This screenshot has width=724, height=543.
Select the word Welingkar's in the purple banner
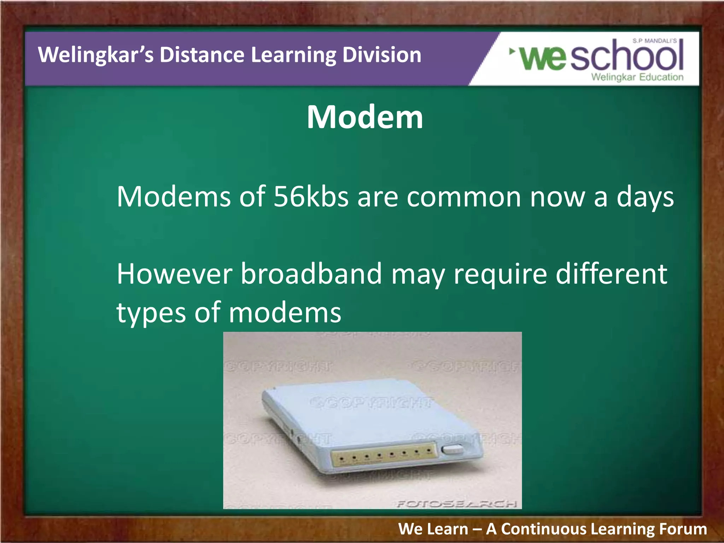click(96, 55)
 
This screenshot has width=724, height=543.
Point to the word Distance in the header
click(202, 55)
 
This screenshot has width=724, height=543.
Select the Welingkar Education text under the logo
click(637, 77)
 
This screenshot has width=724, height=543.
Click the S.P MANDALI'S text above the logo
click(655, 41)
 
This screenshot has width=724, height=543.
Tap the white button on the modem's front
click(453, 449)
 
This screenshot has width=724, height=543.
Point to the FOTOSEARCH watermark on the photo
click(457, 503)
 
